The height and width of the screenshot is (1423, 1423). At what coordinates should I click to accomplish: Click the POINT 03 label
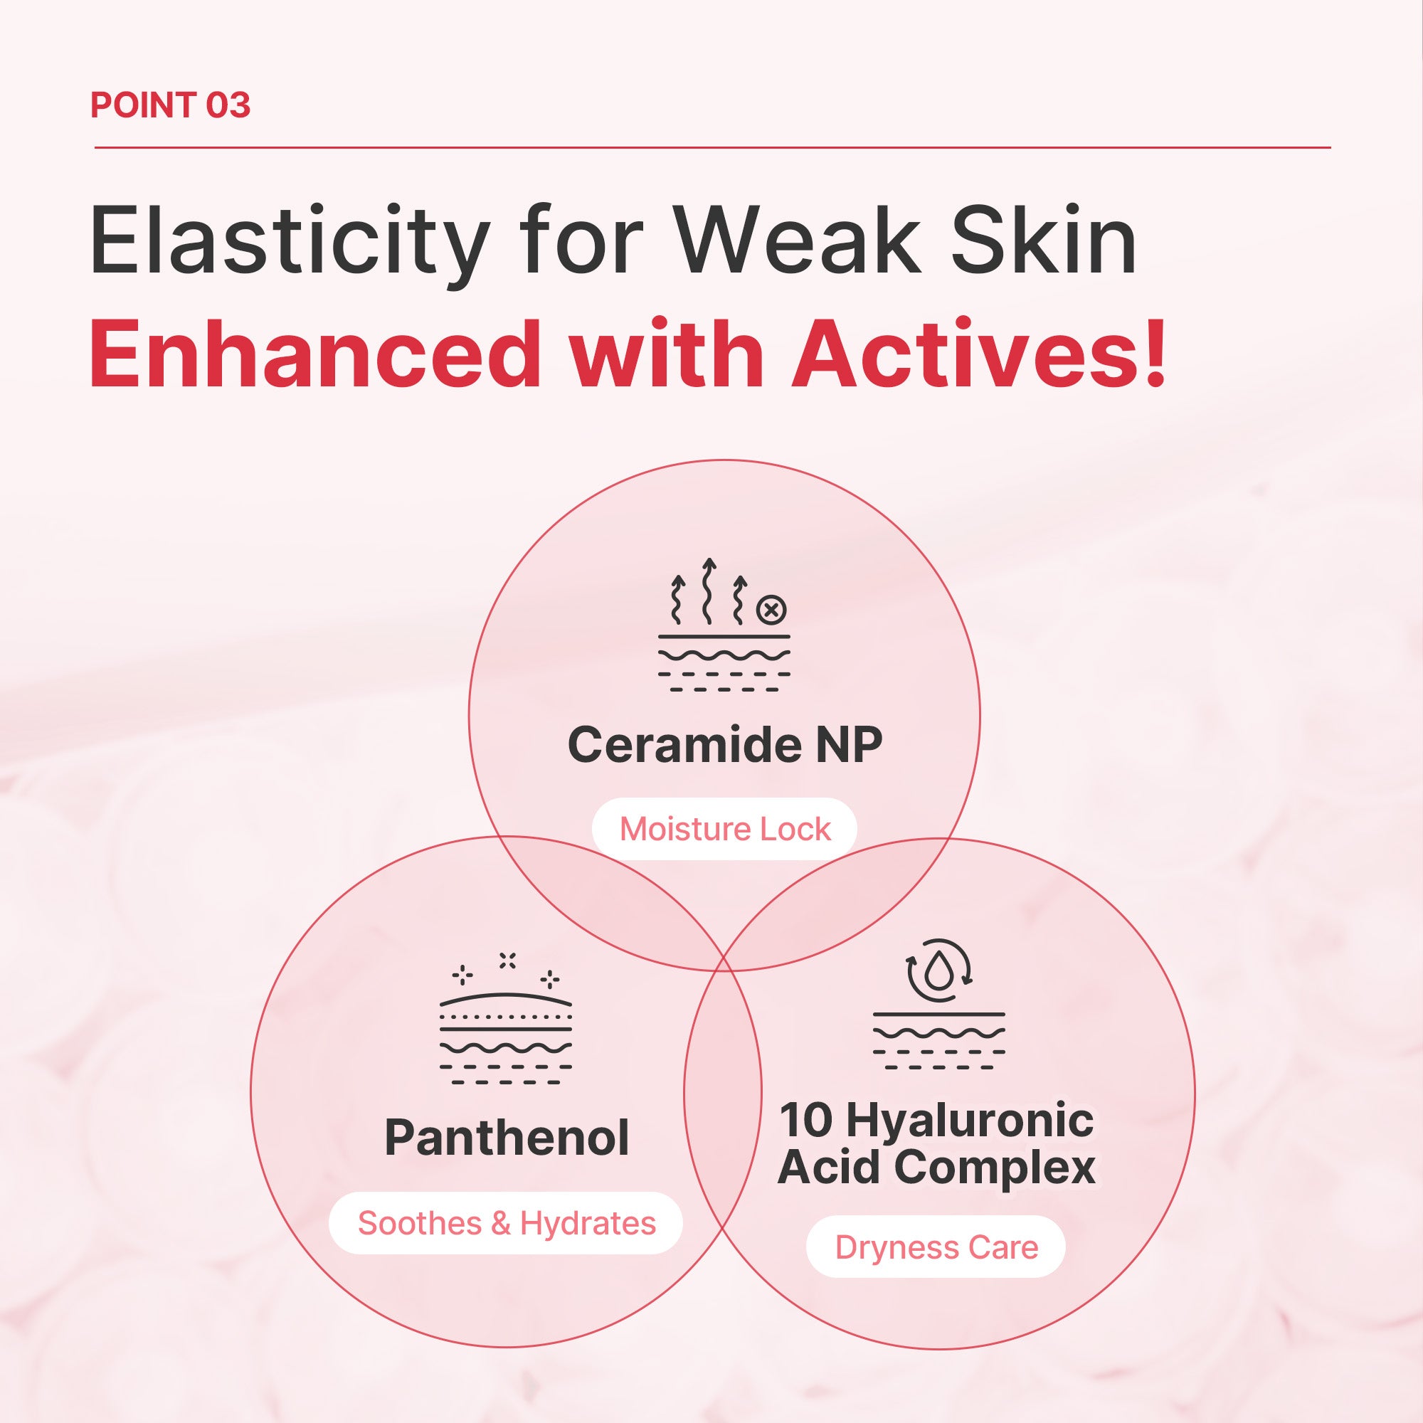[x=170, y=105]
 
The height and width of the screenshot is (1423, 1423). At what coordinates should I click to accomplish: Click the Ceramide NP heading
[x=725, y=745]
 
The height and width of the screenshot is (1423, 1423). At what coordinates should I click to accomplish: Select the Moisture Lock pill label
[x=725, y=830]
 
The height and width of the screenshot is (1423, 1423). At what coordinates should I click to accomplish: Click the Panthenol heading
[x=507, y=1138]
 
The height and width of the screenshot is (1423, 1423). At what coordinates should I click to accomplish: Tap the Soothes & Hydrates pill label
[x=507, y=1223]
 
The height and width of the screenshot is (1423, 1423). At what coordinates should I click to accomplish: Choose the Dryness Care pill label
[x=936, y=1248]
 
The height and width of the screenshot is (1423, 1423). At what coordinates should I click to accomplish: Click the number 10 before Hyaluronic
[x=806, y=1121]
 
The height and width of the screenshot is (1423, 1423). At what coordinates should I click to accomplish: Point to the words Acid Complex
[x=937, y=1168]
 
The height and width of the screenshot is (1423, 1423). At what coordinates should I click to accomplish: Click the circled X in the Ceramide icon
[x=771, y=610]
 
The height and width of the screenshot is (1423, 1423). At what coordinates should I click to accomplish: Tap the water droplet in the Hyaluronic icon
[x=938, y=971]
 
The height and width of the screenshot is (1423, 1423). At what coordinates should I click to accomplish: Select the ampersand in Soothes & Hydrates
[x=501, y=1223]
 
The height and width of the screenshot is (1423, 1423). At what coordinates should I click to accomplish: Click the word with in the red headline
[x=667, y=354]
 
